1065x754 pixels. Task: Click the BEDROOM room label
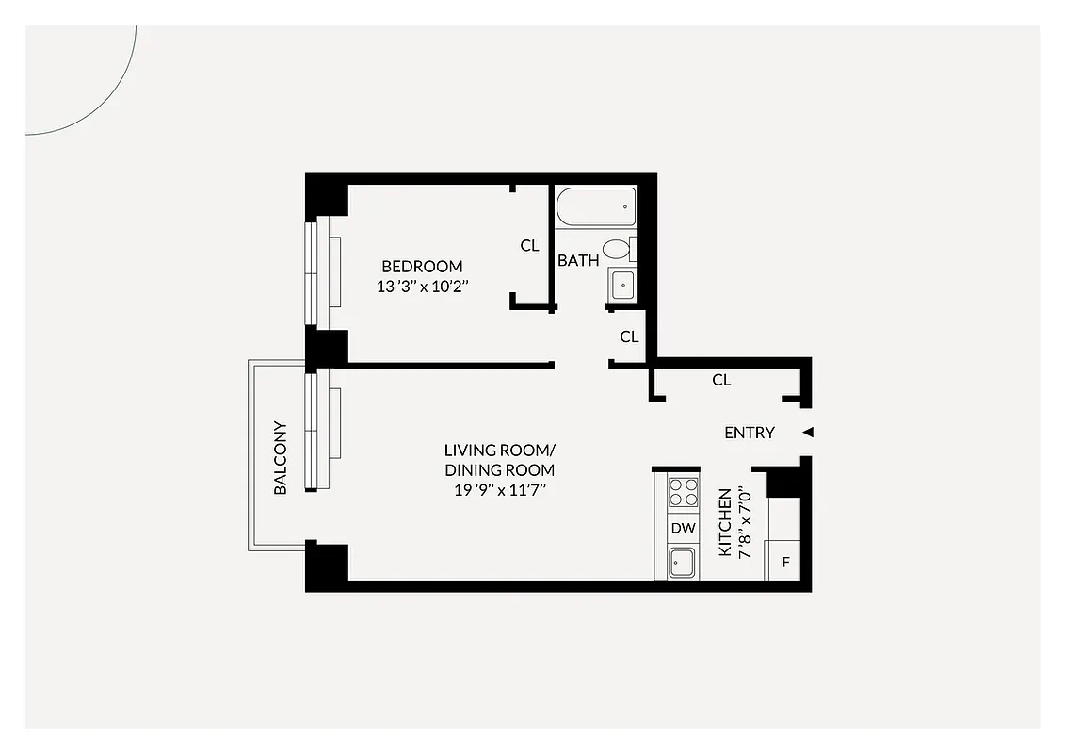422,267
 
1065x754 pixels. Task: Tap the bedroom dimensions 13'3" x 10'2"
422,287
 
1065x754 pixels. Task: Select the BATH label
578,260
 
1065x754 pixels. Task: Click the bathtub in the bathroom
595,206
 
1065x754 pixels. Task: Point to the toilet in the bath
617,249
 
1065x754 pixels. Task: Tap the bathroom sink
622,284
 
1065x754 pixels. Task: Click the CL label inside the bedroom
530,245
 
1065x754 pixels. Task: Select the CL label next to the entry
721,380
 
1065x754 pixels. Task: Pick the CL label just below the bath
629,336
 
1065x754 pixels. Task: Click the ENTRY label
750,433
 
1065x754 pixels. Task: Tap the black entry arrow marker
807,433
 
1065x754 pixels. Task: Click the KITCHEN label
725,522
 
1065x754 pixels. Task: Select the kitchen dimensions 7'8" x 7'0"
746,522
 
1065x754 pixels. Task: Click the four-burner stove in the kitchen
683,492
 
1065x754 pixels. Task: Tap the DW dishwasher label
683,529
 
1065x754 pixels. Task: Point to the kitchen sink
683,564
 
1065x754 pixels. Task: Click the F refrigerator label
784,565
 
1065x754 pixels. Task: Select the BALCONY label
281,457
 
